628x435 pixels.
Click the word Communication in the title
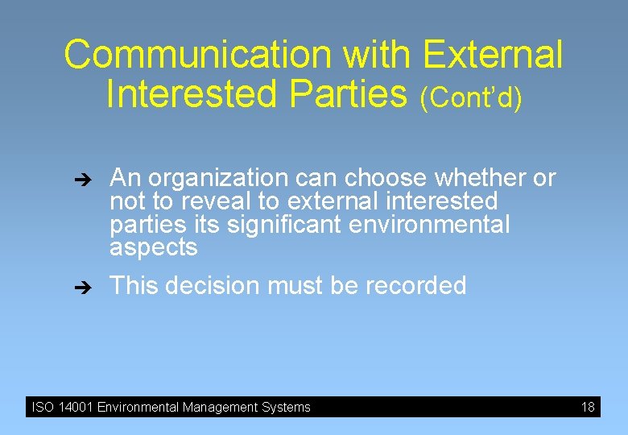pyautogui.click(x=198, y=56)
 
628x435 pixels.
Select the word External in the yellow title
pyautogui.click(x=492, y=56)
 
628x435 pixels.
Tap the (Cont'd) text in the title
pyautogui.click(x=470, y=98)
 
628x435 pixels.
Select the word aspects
pyautogui.click(x=153, y=248)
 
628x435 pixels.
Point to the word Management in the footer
pyautogui.click(x=221, y=408)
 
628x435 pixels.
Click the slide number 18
pyautogui.click(x=588, y=408)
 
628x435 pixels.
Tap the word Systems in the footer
pyautogui.click(x=287, y=408)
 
